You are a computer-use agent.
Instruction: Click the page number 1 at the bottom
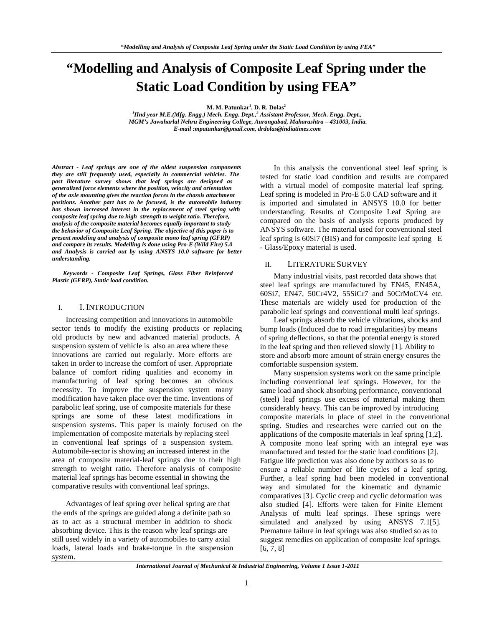[246, 583]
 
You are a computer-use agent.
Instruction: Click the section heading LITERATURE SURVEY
[327, 264]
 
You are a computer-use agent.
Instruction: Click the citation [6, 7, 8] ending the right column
[272, 548]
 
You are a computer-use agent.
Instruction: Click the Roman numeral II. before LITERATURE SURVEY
[268, 264]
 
